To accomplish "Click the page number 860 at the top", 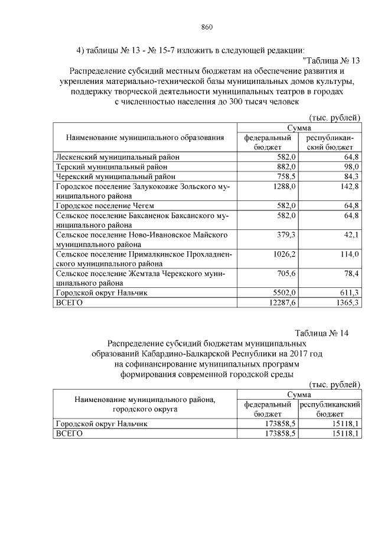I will pos(206,27).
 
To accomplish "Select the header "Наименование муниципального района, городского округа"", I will pos(145,404).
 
